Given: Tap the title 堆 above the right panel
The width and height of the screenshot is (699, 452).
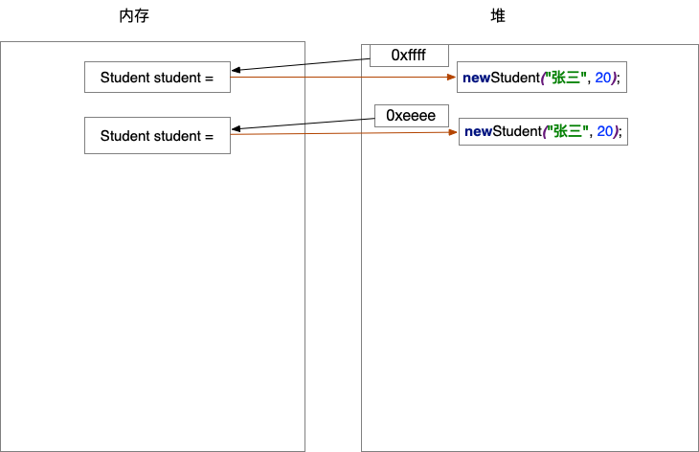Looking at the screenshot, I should click(497, 16).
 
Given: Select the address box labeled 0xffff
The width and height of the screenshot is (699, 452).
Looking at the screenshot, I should click(409, 56).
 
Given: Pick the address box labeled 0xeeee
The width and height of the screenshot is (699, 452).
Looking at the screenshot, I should click(411, 115).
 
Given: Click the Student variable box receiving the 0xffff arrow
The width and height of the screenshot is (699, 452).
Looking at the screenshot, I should click(157, 78).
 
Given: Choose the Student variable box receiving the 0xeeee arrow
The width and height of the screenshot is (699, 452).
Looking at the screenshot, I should click(157, 135).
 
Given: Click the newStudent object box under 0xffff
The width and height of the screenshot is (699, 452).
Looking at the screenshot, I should click(541, 78).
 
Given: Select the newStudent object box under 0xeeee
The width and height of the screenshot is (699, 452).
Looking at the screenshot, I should click(543, 131).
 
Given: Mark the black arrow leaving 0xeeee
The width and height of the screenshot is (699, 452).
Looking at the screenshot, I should click(303, 124).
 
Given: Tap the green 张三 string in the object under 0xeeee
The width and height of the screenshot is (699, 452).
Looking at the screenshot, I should click(569, 131).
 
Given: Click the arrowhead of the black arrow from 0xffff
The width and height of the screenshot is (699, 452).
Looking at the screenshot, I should click(236, 70).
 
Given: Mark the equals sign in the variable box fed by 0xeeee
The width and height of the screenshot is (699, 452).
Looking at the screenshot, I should click(209, 135).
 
